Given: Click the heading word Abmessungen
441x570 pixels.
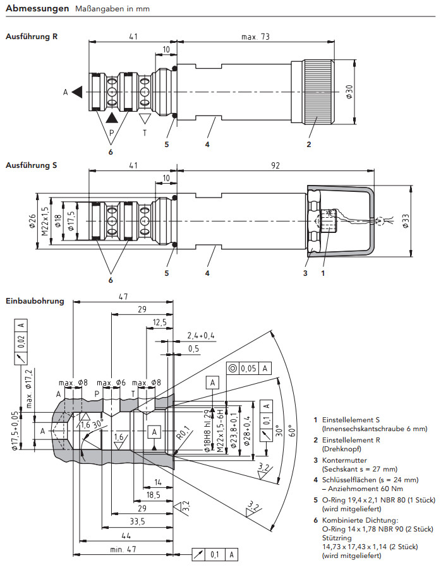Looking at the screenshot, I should (x=37, y=9).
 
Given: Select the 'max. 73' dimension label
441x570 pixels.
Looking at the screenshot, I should (x=256, y=37).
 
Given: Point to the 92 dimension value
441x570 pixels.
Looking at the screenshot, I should (x=275, y=165).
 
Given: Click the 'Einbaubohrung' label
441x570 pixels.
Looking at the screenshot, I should (x=35, y=300).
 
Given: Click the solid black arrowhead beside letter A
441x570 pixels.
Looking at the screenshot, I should (x=77, y=92).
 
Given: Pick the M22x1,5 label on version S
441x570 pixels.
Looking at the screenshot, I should (x=45, y=220).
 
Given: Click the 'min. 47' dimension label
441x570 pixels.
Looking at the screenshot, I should (x=123, y=549).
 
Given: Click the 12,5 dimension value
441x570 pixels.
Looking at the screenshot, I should (x=160, y=323).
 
